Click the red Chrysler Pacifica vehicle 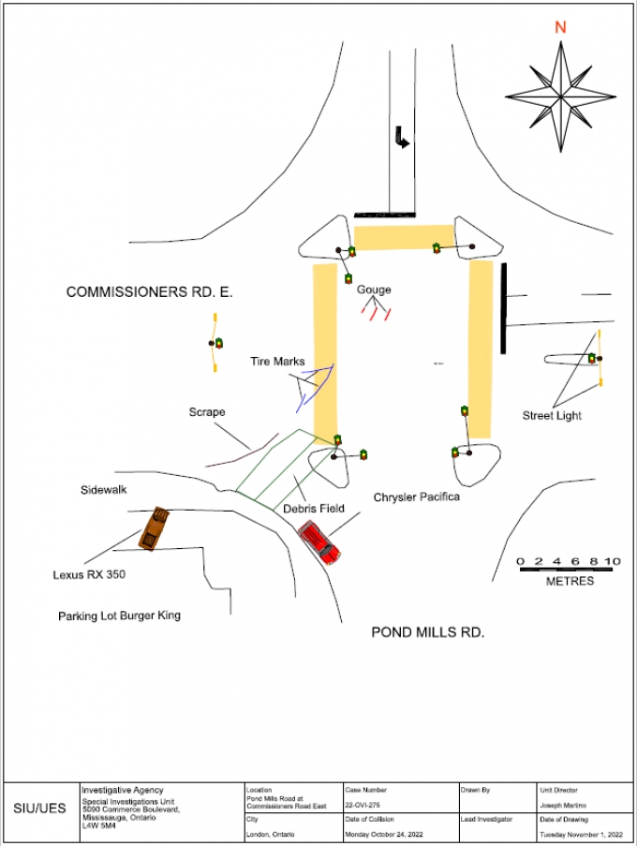tap(319, 542)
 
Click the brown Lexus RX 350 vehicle tap(155, 527)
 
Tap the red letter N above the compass tap(560, 27)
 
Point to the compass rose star tap(560, 96)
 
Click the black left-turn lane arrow tap(401, 140)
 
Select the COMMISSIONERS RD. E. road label tap(149, 292)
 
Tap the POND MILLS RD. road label tap(427, 632)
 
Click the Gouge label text tap(374, 289)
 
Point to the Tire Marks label tap(277, 362)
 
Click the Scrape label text tap(206, 412)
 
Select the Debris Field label tap(313, 509)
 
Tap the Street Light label tap(552, 416)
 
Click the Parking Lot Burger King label tap(119, 616)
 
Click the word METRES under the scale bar tap(570, 582)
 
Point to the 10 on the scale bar tap(612, 562)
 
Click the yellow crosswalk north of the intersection tap(403, 238)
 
